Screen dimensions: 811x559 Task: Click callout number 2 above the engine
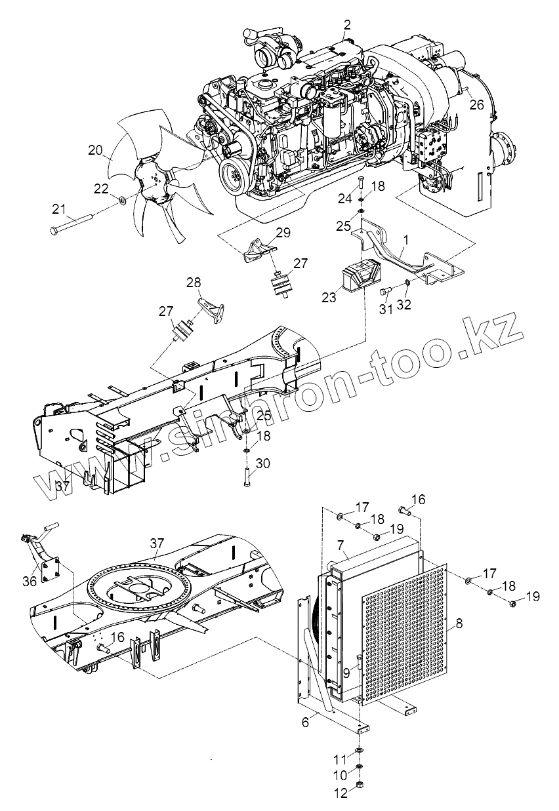point(347,25)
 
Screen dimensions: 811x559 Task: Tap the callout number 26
point(476,104)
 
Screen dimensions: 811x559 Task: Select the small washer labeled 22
point(123,199)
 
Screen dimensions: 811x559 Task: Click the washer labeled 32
point(407,283)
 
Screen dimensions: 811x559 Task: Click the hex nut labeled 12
point(361,785)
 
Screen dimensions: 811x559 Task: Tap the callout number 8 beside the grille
point(459,624)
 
